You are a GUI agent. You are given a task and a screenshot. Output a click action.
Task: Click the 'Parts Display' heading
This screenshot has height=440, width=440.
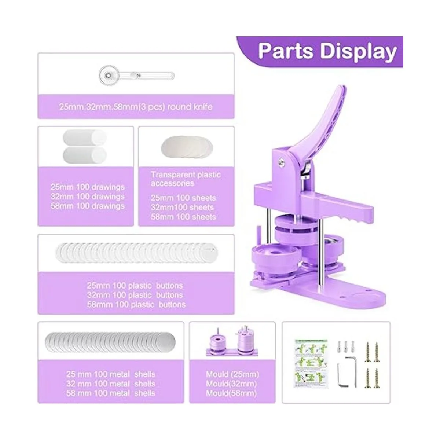[x=327, y=52]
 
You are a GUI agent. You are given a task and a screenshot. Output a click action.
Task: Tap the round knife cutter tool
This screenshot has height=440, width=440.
[x=136, y=76]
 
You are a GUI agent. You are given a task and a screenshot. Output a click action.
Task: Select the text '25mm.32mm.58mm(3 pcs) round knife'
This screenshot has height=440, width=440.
[x=136, y=107]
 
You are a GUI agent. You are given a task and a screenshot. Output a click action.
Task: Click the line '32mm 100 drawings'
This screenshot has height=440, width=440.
[x=88, y=197]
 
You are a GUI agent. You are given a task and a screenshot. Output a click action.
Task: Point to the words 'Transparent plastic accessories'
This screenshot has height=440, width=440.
[x=186, y=179]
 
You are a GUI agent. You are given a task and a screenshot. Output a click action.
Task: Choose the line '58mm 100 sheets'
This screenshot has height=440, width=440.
[x=183, y=217]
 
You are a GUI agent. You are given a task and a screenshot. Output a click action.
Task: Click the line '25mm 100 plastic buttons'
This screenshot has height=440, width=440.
[x=135, y=286]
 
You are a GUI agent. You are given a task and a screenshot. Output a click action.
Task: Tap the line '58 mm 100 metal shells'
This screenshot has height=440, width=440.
[x=111, y=393]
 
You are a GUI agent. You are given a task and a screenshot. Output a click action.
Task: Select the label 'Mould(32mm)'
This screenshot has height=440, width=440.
[x=231, y=384]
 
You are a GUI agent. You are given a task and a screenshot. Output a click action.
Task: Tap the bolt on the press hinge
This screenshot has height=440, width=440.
[x=281, y=162]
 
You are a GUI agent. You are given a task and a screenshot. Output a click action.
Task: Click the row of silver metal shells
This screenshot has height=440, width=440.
[x=110, y=342]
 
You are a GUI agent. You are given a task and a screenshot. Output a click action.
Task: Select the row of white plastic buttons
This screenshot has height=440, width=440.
[x=136, y=253]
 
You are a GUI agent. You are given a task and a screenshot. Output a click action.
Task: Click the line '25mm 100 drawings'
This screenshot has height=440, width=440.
[x=88, y=187]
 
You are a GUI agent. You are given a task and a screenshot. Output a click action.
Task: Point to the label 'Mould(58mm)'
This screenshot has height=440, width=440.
[x=231, y=393]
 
